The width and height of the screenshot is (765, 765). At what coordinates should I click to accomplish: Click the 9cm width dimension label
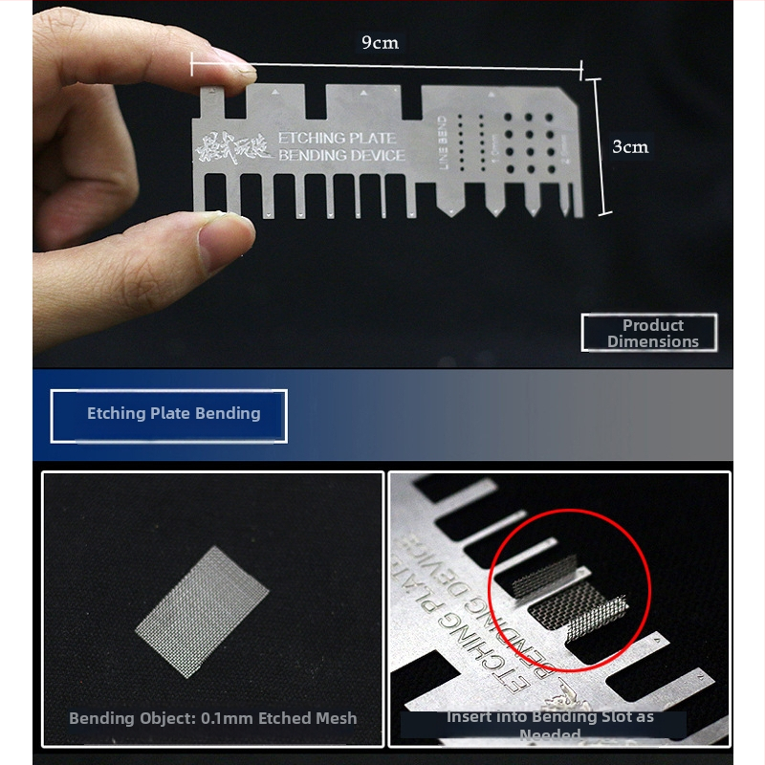(x=380, y=43)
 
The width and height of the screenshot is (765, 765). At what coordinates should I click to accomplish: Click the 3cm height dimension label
(x=630, y=146)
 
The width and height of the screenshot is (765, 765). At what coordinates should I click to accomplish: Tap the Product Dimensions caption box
(x=649, y=333)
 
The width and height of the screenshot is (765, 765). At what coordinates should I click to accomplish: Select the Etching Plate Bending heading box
(x=169, y=415)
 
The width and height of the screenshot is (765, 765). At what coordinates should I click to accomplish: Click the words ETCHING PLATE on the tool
(x=336, y=139)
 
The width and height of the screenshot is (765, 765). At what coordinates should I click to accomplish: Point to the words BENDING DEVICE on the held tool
(x=341, y=156)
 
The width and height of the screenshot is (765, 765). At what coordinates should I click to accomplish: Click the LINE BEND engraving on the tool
(x=442, y=144)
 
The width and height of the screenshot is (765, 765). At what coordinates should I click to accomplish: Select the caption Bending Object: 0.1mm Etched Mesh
(x=212, y=718)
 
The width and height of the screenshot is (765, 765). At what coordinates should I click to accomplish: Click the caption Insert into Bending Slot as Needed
(x=550, y=725)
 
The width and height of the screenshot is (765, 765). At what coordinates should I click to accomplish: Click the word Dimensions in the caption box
(x=652, y=341)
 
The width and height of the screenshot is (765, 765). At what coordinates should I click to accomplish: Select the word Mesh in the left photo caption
(x=336, y=718)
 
